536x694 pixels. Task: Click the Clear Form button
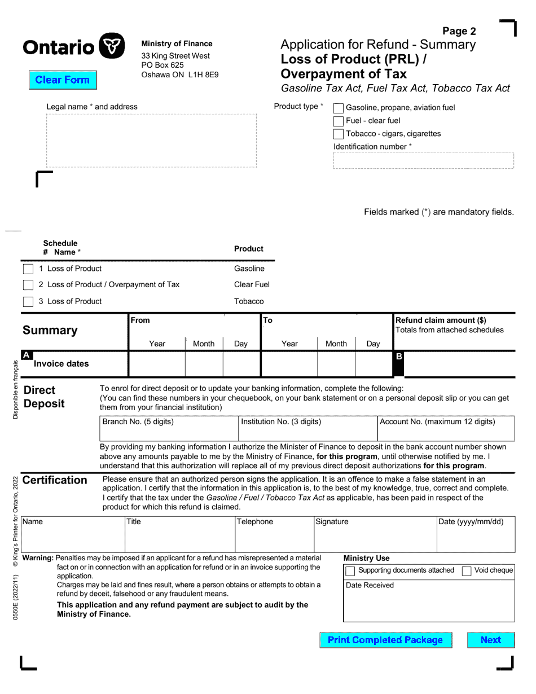point(63,80)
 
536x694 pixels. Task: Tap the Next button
point(490,640)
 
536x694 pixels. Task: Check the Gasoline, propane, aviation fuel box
point(339,108)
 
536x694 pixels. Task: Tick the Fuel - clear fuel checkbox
point(339,121)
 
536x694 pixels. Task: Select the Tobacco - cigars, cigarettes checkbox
point(339,134)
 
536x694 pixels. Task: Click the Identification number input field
point(423,160)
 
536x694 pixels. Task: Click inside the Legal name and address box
point(151,140)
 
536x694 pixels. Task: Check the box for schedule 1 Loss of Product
point(28,269)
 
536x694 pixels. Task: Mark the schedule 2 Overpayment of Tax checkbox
point(28,285)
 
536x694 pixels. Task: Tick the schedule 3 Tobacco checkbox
point(28,302)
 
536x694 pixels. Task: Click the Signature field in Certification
point(375,539)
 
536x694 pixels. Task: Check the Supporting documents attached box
point(350,571)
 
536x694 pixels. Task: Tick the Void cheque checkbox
point(467,571)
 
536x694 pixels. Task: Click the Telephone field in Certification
point(274,539)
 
